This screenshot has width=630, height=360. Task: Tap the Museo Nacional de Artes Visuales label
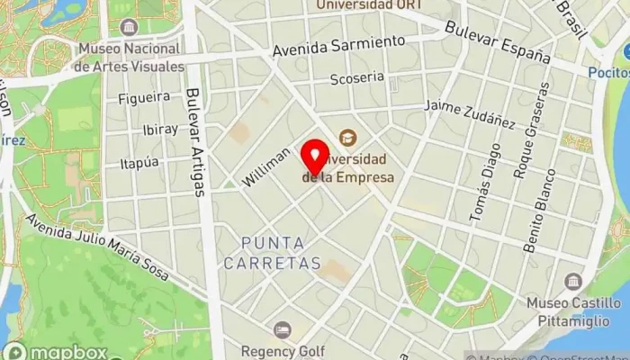point(130,57)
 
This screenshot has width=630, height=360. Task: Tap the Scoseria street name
point(356,78)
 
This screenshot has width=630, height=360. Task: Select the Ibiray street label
point(160,130)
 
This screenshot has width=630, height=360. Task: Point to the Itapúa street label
point(139,163)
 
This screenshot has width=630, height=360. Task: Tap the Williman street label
point(267,167)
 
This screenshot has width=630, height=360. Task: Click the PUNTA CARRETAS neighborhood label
point(272,253)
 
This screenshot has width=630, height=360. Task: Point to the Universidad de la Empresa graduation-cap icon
point(346,138)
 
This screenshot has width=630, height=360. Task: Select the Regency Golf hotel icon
point(283,330)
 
